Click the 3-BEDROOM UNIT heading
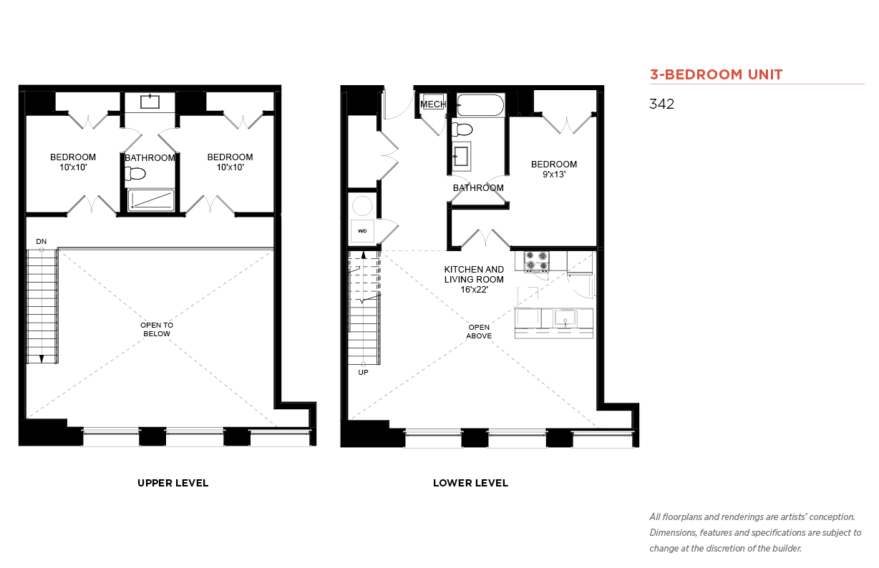716,74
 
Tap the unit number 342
661,104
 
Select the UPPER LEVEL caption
173,483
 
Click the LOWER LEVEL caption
470,483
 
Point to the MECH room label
433,104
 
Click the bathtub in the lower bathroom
480,104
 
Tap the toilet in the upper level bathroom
135,173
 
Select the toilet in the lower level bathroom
462,129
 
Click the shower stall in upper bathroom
151,200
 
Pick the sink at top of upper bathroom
150,101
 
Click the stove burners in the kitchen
537,261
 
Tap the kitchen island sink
565,318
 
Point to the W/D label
362,230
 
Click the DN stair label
42,241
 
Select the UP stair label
363,372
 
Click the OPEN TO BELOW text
157,330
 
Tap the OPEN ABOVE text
479,331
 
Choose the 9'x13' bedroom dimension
554,174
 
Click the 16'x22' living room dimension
474,290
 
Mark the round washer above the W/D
362,206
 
